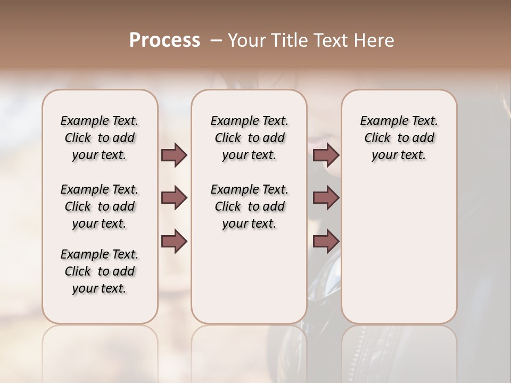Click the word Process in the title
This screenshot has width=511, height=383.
(164, 40)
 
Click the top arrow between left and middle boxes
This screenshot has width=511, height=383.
(174, 155)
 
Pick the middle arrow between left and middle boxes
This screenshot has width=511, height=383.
(174, 198)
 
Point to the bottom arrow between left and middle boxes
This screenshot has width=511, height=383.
(174, 242)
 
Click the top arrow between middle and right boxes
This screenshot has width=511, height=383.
(326, 155)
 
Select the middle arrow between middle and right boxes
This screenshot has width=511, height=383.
(326, 198)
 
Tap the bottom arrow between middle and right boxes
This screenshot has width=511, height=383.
(326, 242)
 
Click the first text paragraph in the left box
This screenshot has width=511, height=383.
(100, 138)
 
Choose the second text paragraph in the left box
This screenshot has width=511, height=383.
(100, 206)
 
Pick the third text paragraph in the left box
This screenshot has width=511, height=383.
(100, 271)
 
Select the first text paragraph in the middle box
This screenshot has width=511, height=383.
(249, 138)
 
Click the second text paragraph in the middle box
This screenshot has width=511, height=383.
(249, 206)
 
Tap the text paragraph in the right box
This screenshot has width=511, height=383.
(399, 138)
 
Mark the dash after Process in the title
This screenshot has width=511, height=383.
(216, 40)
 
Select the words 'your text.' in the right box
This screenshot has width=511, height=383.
(399, 155)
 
